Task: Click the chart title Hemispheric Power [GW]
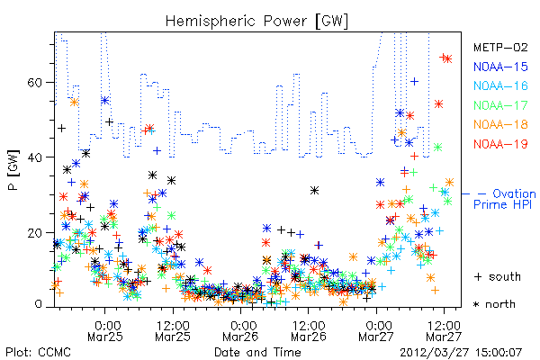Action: point(256,22)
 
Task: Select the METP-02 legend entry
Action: point(500,47)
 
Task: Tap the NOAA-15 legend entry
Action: point(500,67)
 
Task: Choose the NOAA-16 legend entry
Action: point(500,85)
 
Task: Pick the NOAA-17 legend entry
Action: point(500,105)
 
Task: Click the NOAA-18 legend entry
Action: point(500,124)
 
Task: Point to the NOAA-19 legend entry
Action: point(500,144)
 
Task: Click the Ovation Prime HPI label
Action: point(504,199)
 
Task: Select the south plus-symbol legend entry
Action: point(498,276)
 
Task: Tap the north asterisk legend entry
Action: point(494,304)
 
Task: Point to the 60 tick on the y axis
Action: point(35,82)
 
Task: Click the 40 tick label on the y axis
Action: point(35,157)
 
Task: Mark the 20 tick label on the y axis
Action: point(35,232)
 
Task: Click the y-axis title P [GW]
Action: point(14,170)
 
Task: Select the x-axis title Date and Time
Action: point(257,353)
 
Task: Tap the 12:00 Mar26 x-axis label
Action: point(308,331)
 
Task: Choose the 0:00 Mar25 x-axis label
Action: point(105,331)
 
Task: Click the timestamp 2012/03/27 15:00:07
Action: point(461,353)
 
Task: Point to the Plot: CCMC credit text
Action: point(38,353)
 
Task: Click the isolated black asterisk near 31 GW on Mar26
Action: point(314,191)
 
